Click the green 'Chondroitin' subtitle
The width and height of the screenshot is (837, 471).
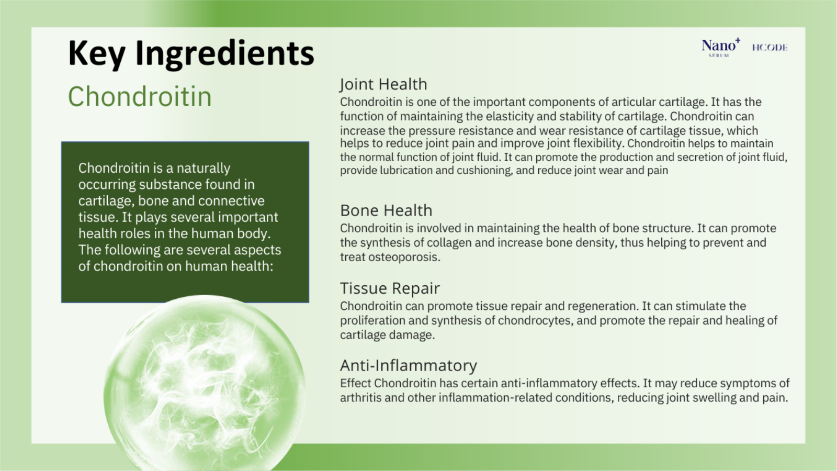tap(140, 96)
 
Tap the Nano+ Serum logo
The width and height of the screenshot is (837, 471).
tap(721, 48)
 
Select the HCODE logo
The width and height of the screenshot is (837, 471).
tap(770, 48)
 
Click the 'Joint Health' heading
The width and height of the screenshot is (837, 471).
tap(383, 84)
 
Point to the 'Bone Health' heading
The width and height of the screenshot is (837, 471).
tap(386, 210)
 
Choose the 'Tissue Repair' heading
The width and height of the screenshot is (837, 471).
tap(390, 288)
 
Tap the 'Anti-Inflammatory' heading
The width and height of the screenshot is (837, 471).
tap(409, 365)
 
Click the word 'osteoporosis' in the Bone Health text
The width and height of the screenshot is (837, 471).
tap(404, 257)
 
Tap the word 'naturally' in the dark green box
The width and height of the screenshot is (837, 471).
tap(203, 168)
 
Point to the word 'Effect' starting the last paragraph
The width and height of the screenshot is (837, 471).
tap(355, 383)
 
